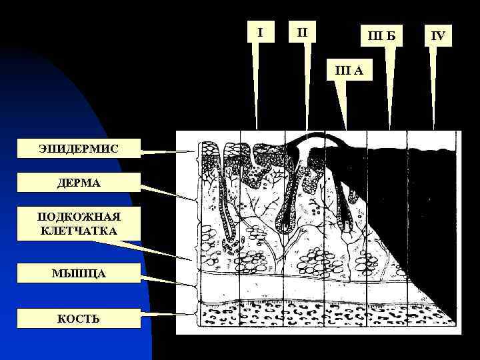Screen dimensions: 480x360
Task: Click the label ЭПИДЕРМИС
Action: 78,149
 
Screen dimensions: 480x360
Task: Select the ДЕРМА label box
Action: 78,183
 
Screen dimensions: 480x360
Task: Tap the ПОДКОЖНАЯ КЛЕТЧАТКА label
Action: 78,224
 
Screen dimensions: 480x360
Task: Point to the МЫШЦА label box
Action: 78,274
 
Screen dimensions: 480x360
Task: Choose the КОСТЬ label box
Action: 78,319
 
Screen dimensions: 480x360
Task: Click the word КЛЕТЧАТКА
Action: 78,231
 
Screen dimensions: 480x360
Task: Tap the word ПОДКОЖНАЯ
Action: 78,217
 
